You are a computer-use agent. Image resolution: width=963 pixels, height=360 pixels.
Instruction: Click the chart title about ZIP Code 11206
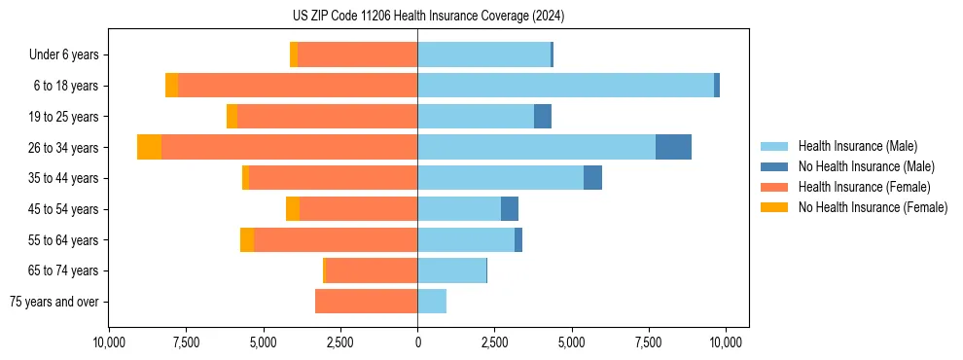click(428, 16)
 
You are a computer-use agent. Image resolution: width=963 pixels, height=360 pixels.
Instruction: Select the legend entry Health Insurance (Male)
click(856, 146)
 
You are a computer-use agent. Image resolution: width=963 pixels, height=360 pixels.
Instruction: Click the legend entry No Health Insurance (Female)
click(873, 207)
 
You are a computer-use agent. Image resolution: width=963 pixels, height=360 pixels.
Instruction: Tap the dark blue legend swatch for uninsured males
click(774, 166)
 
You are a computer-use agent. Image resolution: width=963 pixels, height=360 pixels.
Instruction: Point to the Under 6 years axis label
click(63, 54)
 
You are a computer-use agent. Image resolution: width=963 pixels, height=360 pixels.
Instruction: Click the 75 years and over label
click(53, 302)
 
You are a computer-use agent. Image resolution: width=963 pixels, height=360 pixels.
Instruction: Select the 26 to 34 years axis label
click(64, 147)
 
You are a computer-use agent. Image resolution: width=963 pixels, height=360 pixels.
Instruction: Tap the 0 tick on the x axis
click(417, 342)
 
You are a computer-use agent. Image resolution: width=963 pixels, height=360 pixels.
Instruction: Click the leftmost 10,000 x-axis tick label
click(109, 342)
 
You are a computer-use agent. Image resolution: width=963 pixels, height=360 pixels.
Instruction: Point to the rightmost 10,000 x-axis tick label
click(727, 342)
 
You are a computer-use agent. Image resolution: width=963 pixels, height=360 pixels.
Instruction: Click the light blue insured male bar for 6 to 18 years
click(564, 86)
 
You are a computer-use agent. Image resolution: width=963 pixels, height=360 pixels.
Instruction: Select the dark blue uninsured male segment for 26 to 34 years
click(673, 147)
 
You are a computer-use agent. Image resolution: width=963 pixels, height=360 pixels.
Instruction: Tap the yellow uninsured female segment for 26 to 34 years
click(149, 147)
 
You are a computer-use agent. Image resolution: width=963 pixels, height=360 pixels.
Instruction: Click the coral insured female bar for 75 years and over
click(366, 302)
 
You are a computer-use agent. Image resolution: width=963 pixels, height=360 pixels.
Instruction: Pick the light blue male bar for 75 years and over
click(432, 302)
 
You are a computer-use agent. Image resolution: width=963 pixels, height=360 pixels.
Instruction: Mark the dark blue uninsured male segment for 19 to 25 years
click(543, 116)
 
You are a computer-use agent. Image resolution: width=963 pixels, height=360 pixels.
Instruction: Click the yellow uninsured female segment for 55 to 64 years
click(247, 239)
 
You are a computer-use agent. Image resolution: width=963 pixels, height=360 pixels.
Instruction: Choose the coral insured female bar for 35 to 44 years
click(333, 178)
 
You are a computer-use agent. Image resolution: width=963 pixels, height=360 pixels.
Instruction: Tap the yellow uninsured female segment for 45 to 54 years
click(293, 208)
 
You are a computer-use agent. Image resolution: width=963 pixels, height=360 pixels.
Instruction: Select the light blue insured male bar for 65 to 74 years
click(451, 270)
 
